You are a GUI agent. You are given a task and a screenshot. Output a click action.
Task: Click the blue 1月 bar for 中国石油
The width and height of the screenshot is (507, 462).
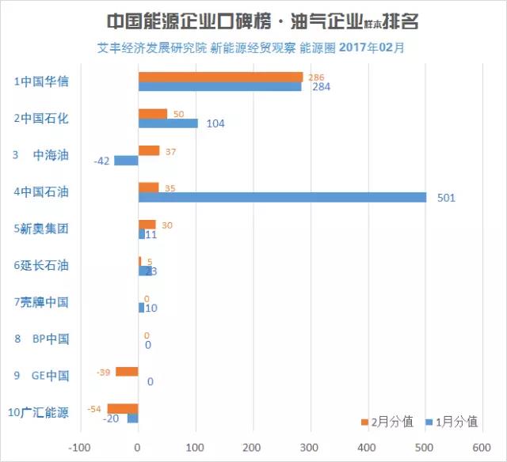[282, 197]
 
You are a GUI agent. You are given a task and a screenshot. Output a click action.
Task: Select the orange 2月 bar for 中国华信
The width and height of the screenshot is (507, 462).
[220, 77]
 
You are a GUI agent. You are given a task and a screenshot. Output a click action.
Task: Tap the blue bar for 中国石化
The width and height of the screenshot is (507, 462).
[168, 123]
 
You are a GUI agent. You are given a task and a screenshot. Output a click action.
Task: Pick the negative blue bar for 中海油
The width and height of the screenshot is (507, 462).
[126, 161]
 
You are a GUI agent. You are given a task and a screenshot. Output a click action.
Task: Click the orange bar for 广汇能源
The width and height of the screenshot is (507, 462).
[123, 408]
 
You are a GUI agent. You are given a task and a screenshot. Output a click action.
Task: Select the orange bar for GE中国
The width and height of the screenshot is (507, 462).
[127, 372]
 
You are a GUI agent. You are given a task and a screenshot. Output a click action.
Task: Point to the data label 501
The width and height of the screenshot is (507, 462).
[446, 198]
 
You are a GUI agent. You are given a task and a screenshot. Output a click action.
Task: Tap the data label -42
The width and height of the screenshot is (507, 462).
[101, 161]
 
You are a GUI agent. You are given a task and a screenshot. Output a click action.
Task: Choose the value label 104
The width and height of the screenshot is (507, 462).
[215, 123]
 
